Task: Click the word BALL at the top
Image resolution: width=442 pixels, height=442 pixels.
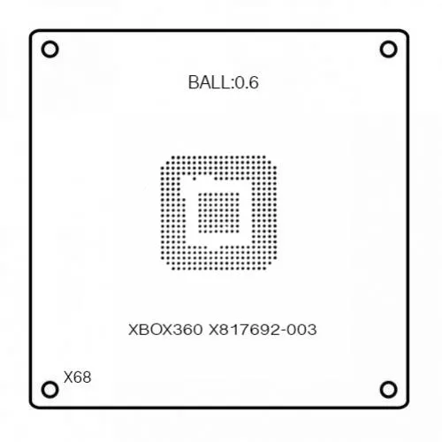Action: [210, 82]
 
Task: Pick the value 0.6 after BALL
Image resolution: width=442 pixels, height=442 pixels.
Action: [247, 82]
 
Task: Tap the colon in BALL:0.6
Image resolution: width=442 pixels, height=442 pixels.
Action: [232, 84]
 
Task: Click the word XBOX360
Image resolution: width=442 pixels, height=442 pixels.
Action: [165, 330]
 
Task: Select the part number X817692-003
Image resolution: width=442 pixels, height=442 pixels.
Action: [263, 330]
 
